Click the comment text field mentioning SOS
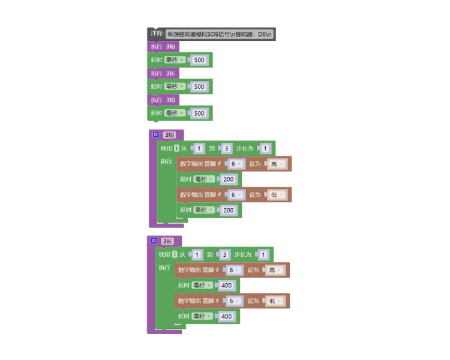click(x=220, y=34)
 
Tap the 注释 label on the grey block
click(x=157, y=34)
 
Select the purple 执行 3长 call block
click(x=163, y=73)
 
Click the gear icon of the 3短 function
click(x=155, y=134)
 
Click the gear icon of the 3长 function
click(x=154, y=241)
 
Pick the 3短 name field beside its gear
click(x=169, y=134)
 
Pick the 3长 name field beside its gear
click(x=167, y=241)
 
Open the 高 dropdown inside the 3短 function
click(x=277, y=164)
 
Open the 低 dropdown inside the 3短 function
click(x=277, y=195)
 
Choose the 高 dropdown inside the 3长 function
click(x=275, y=270)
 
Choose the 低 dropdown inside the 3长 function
click(x=275, y=301)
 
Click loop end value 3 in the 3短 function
click(x=226, y=148)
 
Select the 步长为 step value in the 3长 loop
click(x=263, y=254)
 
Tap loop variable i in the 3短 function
click(x=177, y=148)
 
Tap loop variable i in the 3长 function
click(x=175, y=254)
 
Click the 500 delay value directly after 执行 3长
click(x=199, y=86)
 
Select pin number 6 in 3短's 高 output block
click(x=235, y=164)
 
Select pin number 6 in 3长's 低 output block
click(x=233, y=301)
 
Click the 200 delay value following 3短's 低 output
click(x=229, y=210)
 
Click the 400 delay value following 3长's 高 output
click(x=227, y=286)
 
